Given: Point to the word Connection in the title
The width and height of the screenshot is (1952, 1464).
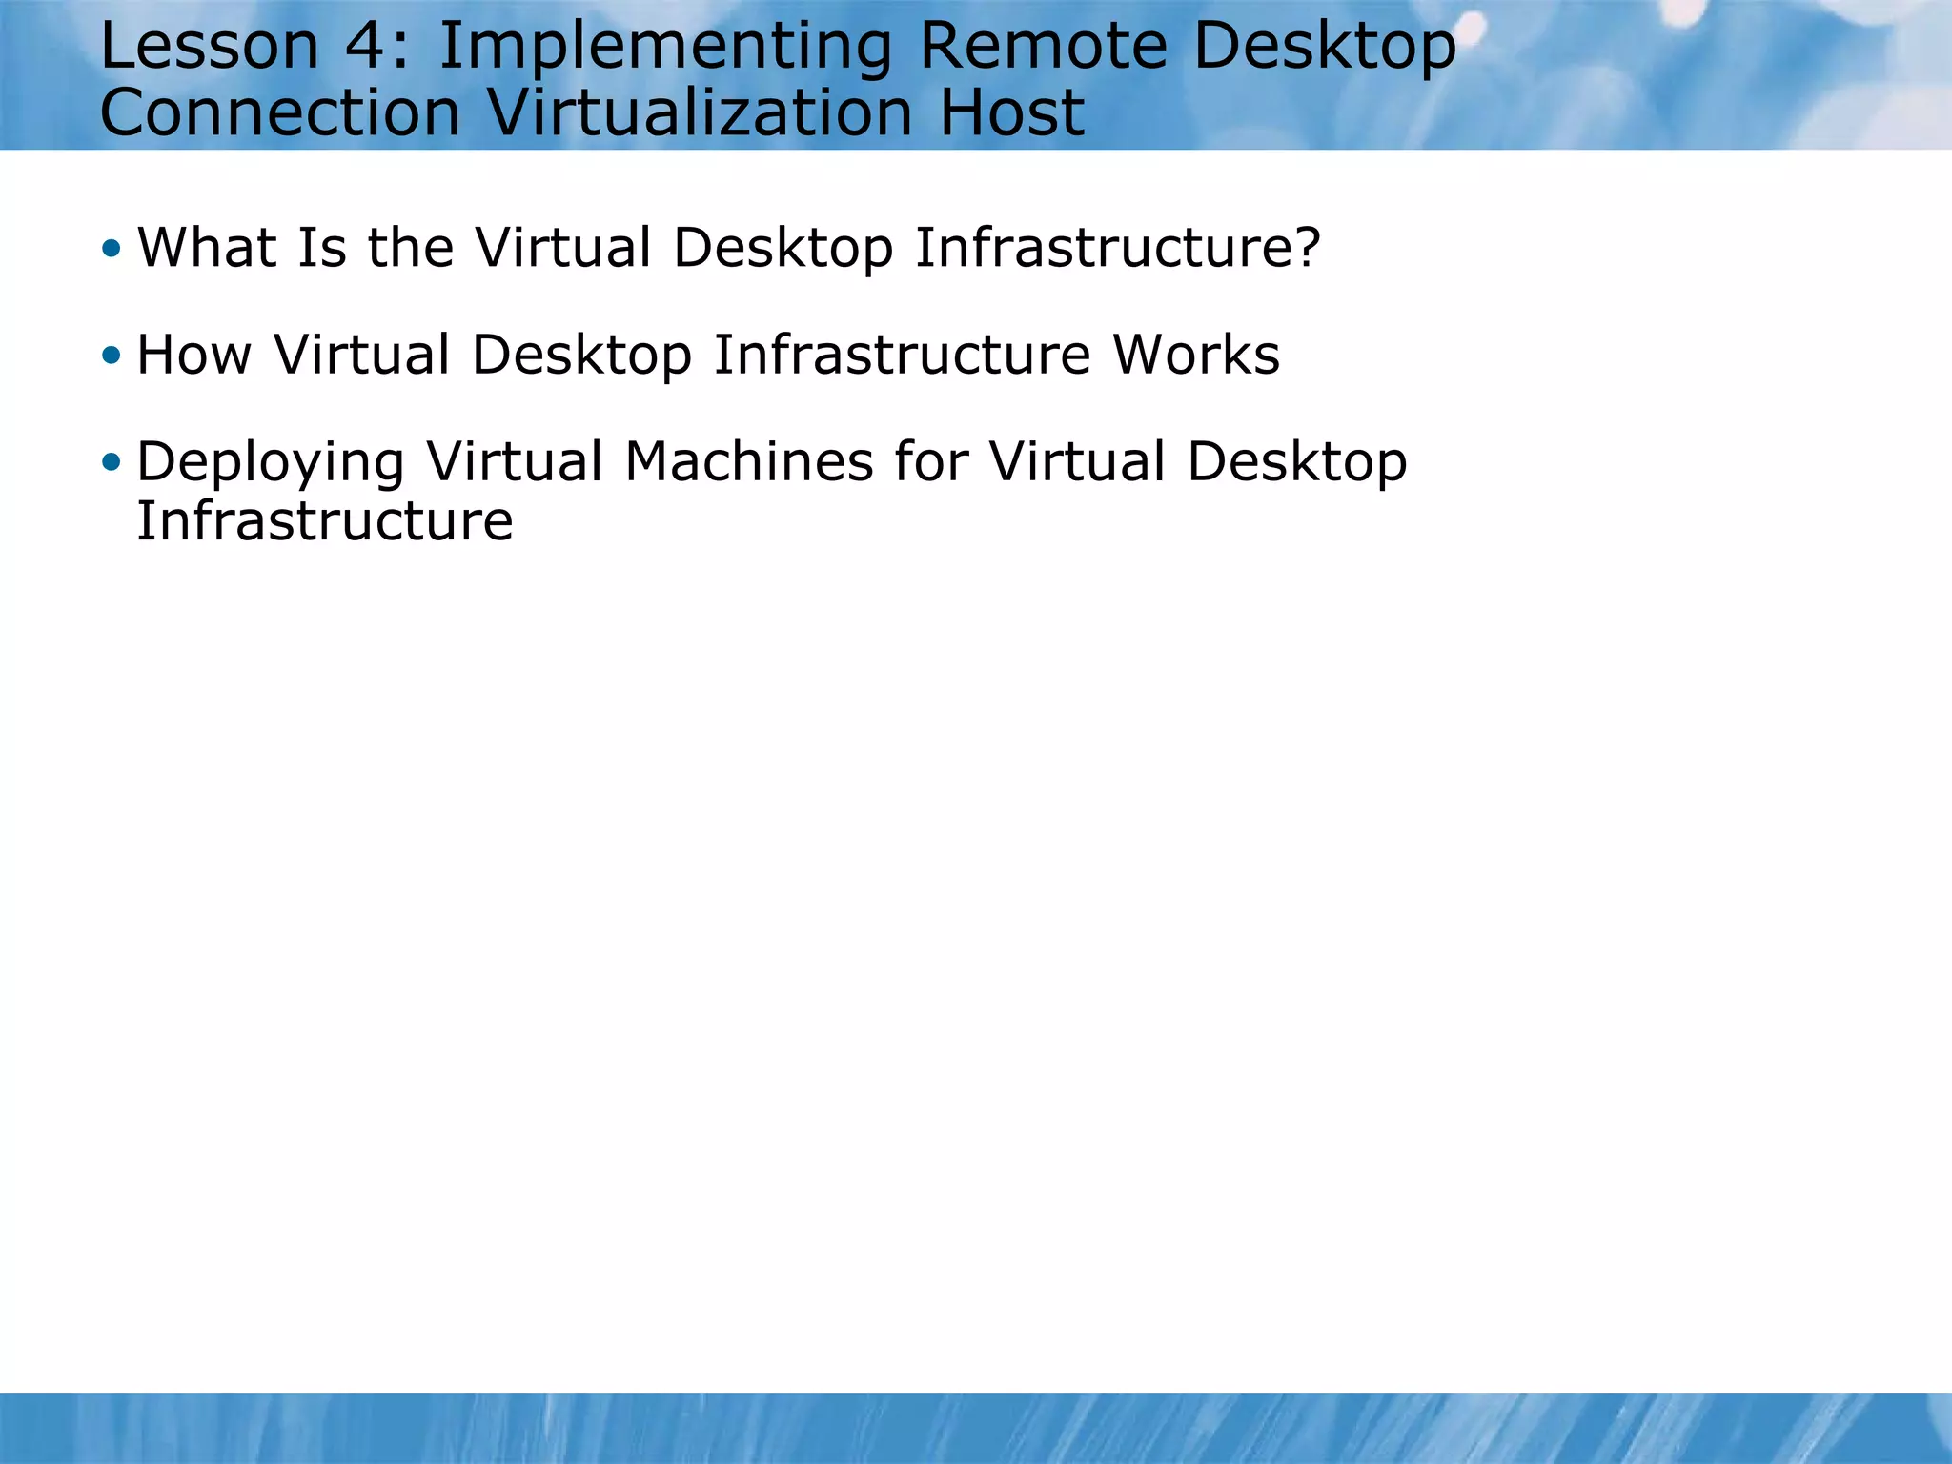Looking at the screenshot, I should pyautogui.click(x=280, y=112).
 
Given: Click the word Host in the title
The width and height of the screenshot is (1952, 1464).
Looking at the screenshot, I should pyautogui.click(x=1011, y=112).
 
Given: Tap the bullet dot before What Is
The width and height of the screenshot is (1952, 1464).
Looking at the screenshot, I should pyautogui.click(x=112, y=250).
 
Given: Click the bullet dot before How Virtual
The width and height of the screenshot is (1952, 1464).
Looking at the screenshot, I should pyautogui.click(x=112, y=356).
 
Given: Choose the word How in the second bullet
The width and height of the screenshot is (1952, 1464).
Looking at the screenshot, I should pyautogui.click(x=193, y=355).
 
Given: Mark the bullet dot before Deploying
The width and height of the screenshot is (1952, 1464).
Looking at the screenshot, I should pyautogui.click(x=112, y=463).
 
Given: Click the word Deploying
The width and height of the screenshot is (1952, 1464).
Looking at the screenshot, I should pyautogui.click(x=271, y=463).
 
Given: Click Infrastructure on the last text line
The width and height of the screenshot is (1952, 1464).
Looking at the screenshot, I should pyautogui.click(x=325, y=521).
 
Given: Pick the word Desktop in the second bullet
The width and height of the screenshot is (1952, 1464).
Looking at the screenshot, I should pyautogui.click(x=581, y=356).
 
